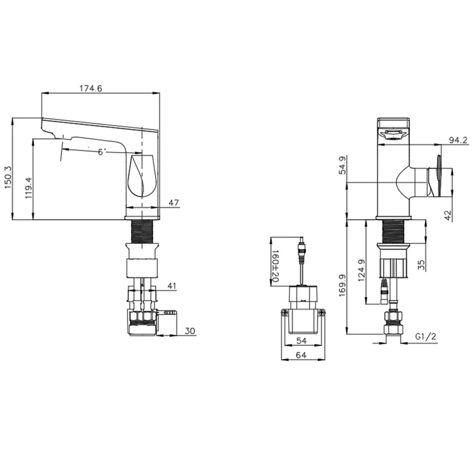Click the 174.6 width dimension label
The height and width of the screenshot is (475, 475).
(x=91, y=89)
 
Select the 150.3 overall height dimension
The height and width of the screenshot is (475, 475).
(x=8, y=177)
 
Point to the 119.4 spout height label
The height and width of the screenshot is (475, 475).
(x=28, y=188)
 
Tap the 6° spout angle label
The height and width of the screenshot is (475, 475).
(x=102, y=152)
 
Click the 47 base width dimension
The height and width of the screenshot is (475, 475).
(x=174, y=203)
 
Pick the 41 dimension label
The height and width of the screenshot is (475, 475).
(x=172, y=286)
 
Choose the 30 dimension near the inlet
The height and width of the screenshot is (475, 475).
(x=190, y=331)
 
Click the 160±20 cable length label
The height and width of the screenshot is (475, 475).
(x=275, y=266)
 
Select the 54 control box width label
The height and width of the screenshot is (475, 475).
(x=301, y=341)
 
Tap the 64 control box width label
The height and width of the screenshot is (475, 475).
(x=301, y=355)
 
